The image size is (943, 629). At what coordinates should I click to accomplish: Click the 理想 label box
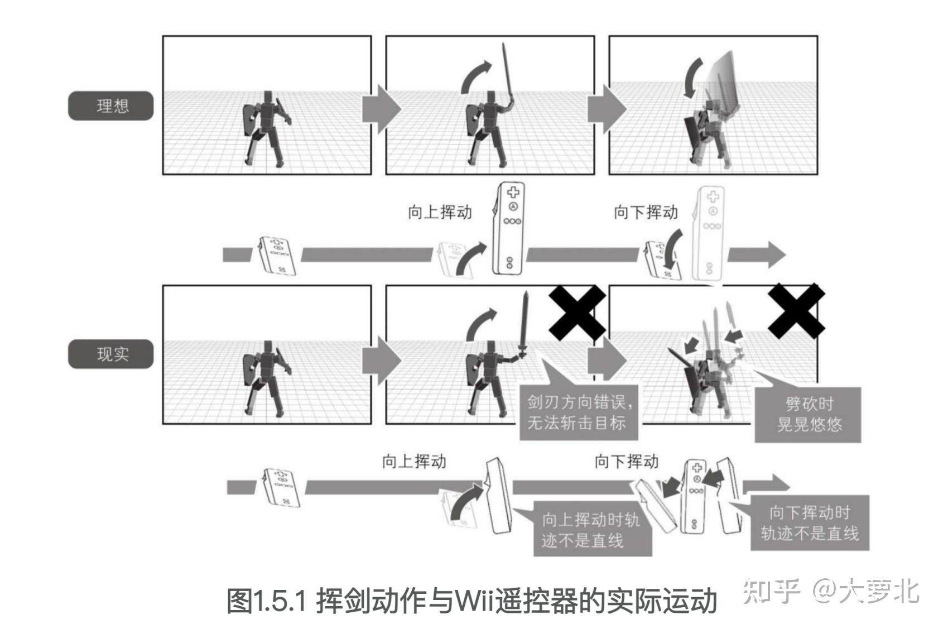[x=110, y=105]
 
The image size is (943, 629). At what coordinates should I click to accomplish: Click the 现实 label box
[x=110, y=354]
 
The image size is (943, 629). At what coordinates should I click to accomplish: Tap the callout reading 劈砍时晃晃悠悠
[x=809, y=414]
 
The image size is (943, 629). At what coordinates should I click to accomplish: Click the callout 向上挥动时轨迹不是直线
[x=591, y=530]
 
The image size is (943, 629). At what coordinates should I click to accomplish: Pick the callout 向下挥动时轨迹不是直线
[x=809, y=522]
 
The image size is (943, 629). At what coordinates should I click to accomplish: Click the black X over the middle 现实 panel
[x=578, y=313]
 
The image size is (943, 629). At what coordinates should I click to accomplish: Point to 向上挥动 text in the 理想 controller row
[x=440, y=212]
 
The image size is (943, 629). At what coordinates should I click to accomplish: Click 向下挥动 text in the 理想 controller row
[x=646, y=212]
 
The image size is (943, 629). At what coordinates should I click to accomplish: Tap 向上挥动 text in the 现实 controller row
[x=413, y=461]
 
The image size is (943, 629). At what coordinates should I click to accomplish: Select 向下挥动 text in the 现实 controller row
[x=626, y=461]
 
